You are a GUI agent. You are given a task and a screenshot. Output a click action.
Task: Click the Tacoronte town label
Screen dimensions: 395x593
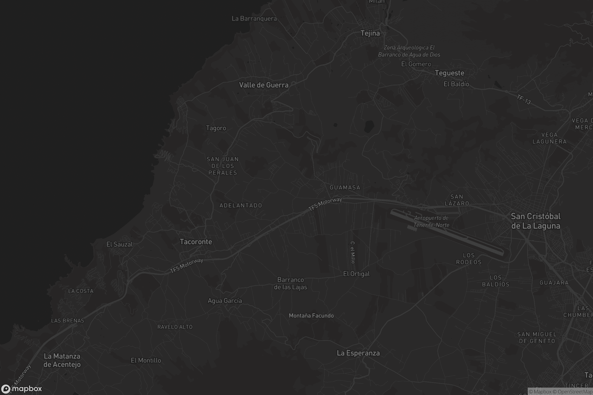196,242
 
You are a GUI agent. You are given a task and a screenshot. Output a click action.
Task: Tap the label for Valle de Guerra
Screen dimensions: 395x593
264,85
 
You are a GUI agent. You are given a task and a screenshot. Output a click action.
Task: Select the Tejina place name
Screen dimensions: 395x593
370,33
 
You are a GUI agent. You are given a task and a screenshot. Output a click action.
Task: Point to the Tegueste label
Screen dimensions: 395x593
449,73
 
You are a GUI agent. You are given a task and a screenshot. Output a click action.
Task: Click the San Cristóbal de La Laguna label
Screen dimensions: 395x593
536,221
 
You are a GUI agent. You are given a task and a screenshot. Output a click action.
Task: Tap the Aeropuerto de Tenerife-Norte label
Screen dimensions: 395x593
431,221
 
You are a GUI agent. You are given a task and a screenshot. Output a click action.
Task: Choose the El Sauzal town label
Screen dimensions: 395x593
120,244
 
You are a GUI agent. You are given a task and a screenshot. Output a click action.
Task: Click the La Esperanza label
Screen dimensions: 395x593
358,353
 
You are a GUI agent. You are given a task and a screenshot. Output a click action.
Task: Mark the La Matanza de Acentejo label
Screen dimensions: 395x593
62,360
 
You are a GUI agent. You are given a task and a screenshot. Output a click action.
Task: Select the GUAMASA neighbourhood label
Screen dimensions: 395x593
345,187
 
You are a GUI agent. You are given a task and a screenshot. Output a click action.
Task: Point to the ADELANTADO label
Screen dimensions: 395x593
241,206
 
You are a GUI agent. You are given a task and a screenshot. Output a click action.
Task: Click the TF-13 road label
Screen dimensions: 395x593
524,99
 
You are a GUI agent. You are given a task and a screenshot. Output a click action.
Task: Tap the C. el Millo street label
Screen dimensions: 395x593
353,252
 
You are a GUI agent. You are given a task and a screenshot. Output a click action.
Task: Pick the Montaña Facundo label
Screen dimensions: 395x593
311,316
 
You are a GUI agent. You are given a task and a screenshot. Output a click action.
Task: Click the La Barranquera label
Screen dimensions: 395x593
254,19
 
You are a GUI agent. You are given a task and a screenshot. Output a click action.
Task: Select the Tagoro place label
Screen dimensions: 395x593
216,128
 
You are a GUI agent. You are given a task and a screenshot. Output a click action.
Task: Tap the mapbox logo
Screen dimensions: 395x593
21,389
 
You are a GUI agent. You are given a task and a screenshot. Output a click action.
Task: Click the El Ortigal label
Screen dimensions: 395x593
356,274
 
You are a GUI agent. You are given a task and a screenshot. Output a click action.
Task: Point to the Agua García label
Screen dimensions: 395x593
225,301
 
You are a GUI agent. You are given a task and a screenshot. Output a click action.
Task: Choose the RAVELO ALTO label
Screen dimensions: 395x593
175,327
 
